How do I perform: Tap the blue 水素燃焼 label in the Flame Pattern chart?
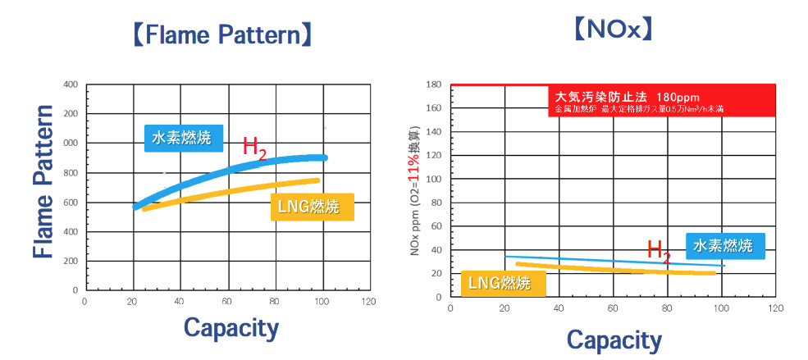[x=183, y=137]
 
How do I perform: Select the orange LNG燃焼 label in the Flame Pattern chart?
[x=312, y=207]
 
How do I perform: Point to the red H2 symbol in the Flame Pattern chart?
[x=255, y=148]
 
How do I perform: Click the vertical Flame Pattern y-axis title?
[x=43, y=181]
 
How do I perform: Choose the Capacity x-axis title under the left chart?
[x=231, y=327]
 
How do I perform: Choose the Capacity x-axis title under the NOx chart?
[x=614, y=339]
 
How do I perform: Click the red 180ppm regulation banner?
[x=661, y=100]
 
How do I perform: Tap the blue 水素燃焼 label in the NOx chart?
[x=724, y=244]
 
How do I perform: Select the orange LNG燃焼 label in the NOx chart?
[x=499, y=283]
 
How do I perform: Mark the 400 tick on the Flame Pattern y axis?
[x=70, y=84]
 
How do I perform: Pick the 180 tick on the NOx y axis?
[x=435, y=84]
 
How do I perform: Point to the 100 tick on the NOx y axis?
[x=435, y=179]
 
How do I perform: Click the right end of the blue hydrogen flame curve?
[x=325, y=157]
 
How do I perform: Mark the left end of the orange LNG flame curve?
[x=145, y=209]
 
